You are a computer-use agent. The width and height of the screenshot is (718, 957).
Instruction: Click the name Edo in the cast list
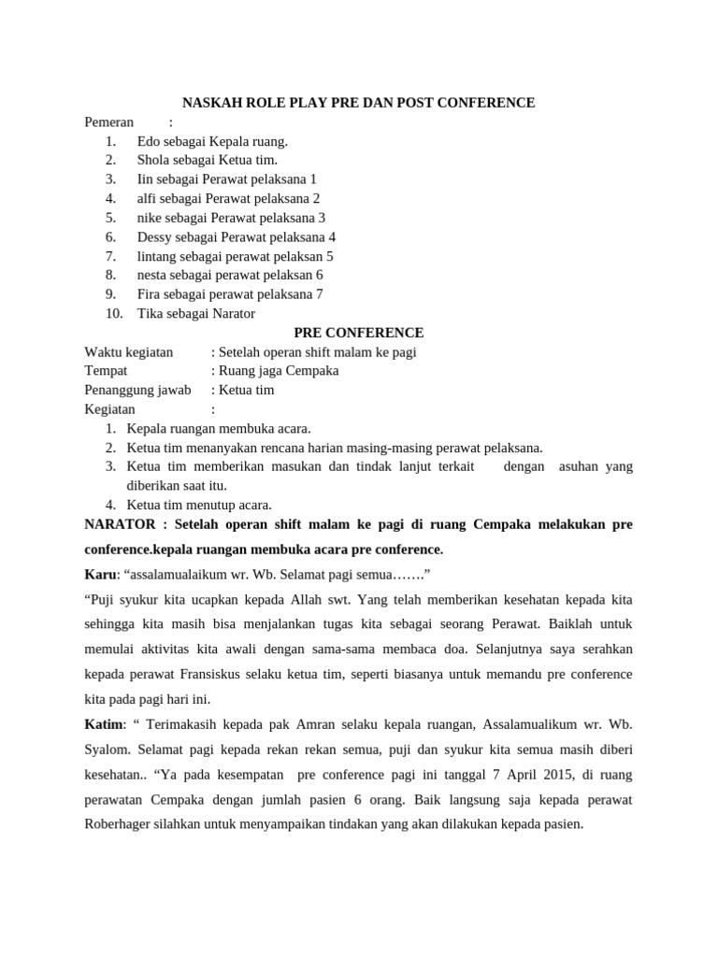point(149,141)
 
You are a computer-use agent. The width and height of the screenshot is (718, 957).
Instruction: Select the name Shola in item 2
point(153,160)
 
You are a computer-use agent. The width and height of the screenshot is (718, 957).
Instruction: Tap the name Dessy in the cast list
point(155,236)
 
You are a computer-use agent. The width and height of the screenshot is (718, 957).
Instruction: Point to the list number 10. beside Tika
point(114,313)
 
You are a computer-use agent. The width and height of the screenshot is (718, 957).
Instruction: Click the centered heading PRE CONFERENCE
point(358,333)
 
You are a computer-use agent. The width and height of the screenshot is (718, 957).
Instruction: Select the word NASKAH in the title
point(211,103)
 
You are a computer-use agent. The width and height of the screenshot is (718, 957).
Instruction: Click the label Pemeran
point(109,122)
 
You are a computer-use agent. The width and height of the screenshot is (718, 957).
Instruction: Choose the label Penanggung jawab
point(137,390)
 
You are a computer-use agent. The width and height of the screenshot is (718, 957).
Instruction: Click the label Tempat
point(106,371)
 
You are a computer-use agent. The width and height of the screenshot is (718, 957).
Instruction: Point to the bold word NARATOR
point(120,524)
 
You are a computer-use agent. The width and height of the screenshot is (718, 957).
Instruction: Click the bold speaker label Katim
point(103,723)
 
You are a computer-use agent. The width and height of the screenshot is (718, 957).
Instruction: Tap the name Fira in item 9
point(151,293)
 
